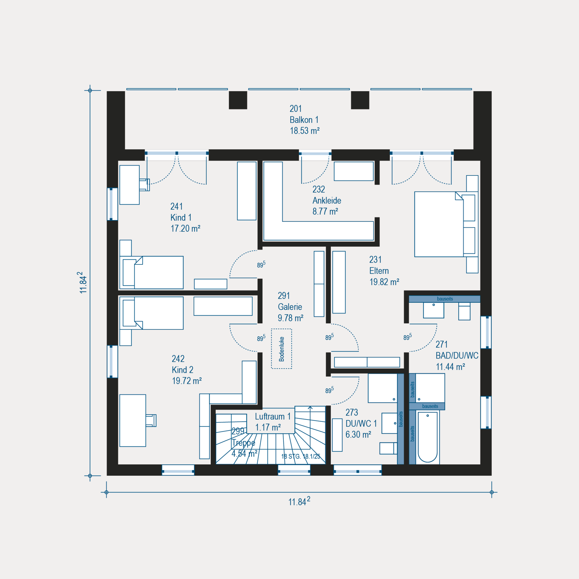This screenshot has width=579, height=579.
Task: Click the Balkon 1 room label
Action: click(x=304, y=120)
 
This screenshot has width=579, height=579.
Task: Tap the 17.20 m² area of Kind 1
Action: click(x=185, y=229)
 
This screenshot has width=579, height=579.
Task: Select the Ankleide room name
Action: click(x=327, y=201)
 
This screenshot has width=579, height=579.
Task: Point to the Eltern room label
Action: click(x=379, y=271)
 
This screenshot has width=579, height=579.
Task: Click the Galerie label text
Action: click(x=290, y=307)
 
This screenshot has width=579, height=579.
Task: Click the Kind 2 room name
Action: click(x=182, y=370)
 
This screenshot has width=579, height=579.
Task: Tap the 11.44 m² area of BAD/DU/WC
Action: click(x=451, y=367)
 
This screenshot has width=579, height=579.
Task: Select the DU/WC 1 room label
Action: click(x=361, y=423)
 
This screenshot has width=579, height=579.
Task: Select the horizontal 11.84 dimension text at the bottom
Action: click(x=299, y=501)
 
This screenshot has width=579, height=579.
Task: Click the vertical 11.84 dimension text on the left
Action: click(x=83, y=283)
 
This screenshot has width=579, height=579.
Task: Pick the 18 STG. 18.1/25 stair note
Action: click(x=301, y=456)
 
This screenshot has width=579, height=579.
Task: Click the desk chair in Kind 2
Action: click(x=151, y=420)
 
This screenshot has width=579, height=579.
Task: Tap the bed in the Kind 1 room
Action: click(x=151, y=273)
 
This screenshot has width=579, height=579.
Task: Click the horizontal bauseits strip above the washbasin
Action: click(x=445, y=299)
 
